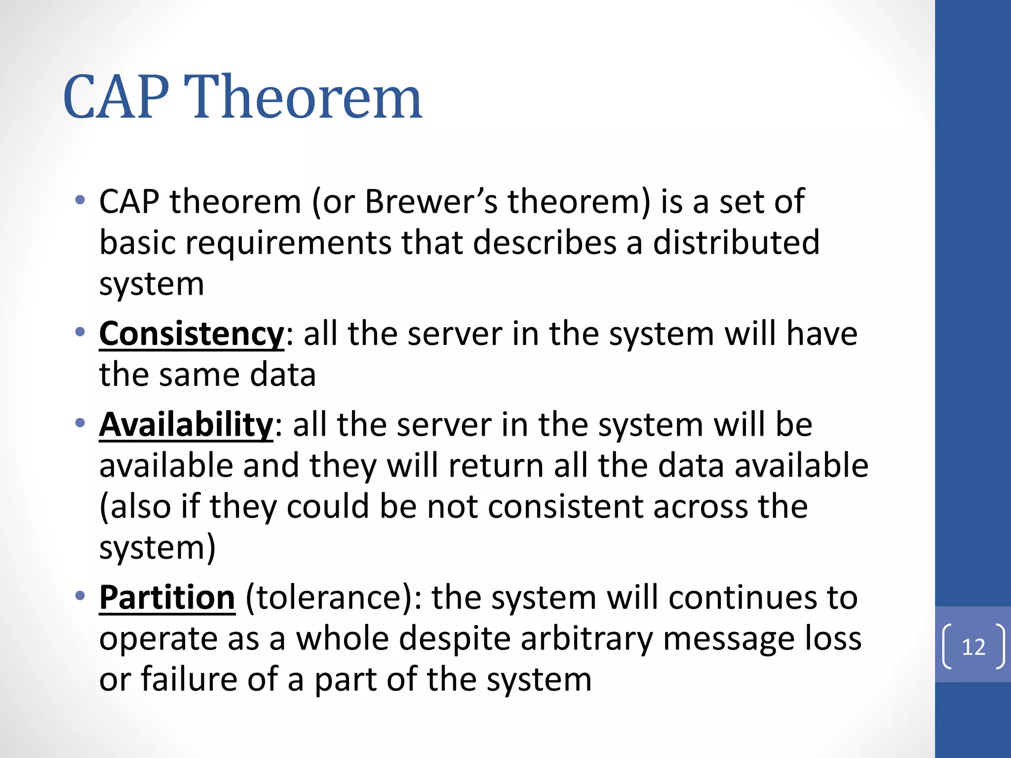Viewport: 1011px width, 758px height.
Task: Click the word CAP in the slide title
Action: coord(117,97)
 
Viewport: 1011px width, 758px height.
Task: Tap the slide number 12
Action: coord(973,647)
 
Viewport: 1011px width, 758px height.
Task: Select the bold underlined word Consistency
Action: coord(192,334)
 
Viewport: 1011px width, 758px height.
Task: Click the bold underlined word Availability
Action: coord(186,425)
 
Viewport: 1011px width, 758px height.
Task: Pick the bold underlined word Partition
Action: coord(167,598)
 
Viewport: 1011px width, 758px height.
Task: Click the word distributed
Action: coord(736,243)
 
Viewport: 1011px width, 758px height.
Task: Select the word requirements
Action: coord(289,244)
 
